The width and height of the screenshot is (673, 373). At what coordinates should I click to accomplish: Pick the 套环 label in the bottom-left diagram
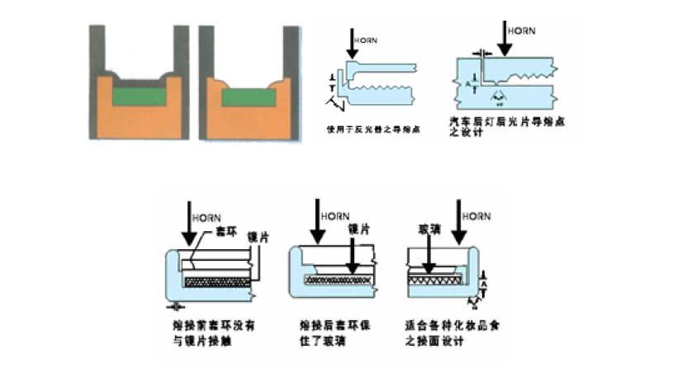coord(224,233)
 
